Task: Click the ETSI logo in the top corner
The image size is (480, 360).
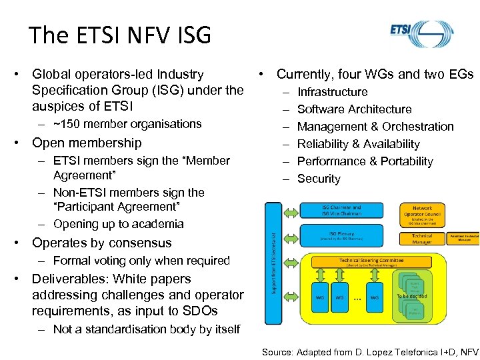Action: click(x=421, y=33)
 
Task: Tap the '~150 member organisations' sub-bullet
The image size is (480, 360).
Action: click(x=127, y=124)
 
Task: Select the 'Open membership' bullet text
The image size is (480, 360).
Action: click(x=87, y=143)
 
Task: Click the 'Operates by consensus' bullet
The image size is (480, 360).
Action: click(x=101, y=243)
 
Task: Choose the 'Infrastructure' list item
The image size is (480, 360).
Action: click(x=332, y=92)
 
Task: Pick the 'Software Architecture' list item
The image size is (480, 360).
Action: click(x=354, y=109)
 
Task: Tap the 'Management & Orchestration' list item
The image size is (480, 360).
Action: click(x=375, y=127)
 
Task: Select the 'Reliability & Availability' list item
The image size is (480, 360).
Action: click(x=358, y=144)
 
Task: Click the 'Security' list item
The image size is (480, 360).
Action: click(x=319, y=179)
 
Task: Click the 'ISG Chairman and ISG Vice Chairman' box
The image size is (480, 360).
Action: click(x=341, y=211)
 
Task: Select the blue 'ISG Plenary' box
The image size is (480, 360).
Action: click(x=341, y=235)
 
